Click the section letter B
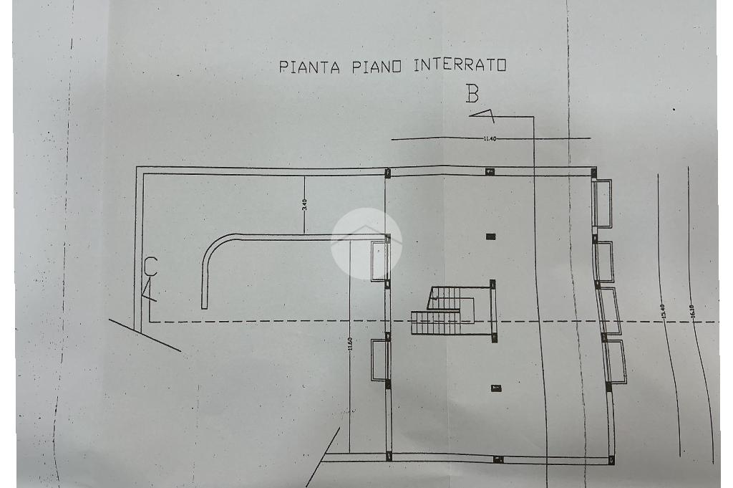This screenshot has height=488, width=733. pyautogui.click(x=472, y=93)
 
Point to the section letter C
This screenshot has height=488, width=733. pyautogui.click(x=151, y=266)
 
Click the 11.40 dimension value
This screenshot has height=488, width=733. pyautogui.click(x=490, y=138)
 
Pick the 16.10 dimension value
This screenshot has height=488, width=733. pyautogui.click(x=691, y=313)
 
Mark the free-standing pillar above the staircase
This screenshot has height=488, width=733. pyautogui.click(x=490, y=236)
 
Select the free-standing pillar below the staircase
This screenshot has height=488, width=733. pyautogui.click(x=495, y=388)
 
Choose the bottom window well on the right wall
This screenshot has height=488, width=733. pyautogui.click(x=615, y=362)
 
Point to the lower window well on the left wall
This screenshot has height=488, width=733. pyautogui.click(x=379, y=359)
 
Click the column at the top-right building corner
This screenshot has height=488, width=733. pyautogui.click(x=594, y=172)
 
